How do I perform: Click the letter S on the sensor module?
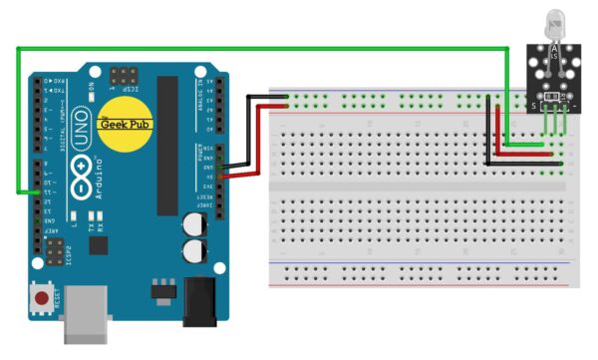(533, 104)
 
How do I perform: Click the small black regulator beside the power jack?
(159, 293)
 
